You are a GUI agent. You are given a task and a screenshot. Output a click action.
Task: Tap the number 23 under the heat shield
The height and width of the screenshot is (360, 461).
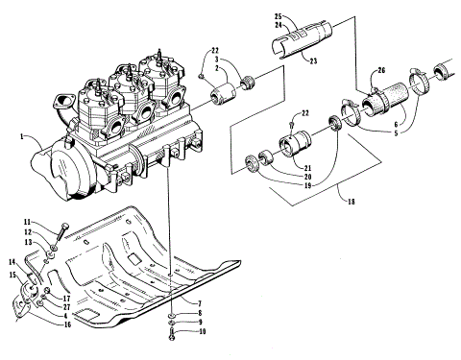(x=312, y=60)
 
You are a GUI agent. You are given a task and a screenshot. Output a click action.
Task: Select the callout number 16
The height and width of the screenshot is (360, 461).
(x=67, y=325)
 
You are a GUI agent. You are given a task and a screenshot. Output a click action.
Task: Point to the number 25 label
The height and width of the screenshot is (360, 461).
(x=278, y=17)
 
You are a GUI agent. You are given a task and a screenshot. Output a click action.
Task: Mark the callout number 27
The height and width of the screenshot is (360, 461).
(x=67, y=307)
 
